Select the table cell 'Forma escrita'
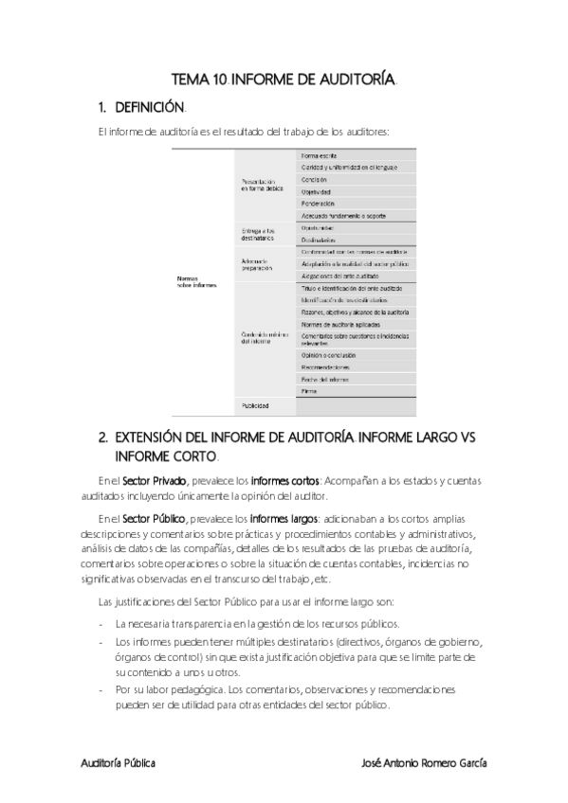pos(319,154)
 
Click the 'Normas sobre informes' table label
pos(196,281)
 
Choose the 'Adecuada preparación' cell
pos(257,264)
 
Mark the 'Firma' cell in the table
pos(309,390)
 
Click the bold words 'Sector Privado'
pos(155,481)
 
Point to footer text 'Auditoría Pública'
pos(117,762)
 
